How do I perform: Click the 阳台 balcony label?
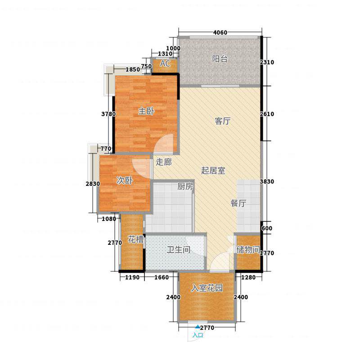220,59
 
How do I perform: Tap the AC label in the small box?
165,63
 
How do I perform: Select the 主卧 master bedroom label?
146,111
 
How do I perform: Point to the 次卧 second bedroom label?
125,180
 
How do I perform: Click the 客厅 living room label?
222,121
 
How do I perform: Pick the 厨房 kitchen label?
185,186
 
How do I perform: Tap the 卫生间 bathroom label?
178,250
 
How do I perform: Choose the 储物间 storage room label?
248,249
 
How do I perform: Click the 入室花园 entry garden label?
207,288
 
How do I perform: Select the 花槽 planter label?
136,239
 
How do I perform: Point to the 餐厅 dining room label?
238,203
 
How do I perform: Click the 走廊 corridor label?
164,162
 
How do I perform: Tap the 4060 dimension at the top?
220,32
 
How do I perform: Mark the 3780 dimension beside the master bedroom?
108,114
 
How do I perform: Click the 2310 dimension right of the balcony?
267,62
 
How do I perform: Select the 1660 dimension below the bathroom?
162,277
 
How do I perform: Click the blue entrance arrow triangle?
198,327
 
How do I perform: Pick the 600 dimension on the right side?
267,229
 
